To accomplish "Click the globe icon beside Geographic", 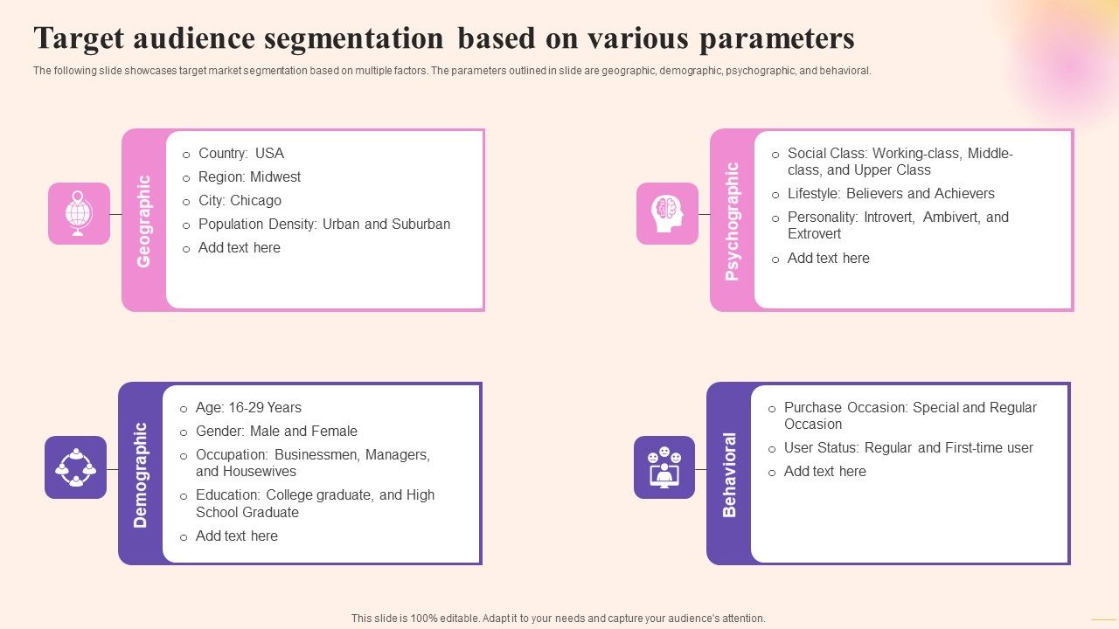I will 79,213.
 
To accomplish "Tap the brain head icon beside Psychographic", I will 667,213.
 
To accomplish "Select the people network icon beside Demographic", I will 76,467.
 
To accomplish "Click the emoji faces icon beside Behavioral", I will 664,467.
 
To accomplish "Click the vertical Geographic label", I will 144,221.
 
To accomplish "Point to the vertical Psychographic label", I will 733,221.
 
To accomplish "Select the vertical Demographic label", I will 141,474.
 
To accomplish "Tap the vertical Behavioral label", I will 729,474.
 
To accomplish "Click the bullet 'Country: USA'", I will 240,153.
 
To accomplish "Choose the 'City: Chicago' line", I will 240,200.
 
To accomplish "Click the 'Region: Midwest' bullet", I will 249,176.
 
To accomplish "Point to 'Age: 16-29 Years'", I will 248,407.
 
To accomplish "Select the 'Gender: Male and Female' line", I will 276,431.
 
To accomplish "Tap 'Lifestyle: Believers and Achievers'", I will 890,193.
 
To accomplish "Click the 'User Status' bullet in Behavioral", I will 907,447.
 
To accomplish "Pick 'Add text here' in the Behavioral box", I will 824,471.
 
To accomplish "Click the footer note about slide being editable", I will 558,618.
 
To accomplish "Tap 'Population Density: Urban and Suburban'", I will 323,224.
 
